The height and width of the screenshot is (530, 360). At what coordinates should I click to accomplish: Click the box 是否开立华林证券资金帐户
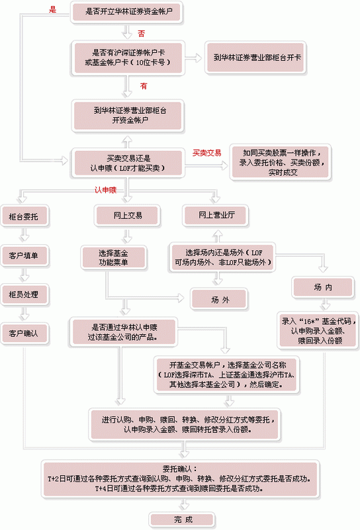127,12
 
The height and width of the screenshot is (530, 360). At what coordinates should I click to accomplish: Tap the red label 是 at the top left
52,9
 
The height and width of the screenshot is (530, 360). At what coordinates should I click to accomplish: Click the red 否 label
142,34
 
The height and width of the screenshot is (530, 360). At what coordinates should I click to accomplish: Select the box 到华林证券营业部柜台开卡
255,58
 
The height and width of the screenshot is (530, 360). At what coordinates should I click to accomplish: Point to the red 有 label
144,86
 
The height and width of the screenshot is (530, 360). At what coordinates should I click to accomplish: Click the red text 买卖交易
207,153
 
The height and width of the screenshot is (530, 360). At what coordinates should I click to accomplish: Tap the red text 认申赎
105,190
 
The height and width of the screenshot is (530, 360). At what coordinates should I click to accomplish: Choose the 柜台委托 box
24,216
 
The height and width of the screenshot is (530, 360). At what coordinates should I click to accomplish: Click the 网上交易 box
127,215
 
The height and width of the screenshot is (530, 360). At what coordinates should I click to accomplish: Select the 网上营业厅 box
216,215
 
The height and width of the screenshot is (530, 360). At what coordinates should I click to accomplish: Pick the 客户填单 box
24,255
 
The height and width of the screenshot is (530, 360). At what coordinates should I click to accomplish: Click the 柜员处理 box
24,294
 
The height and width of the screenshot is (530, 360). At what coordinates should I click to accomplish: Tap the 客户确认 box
24,333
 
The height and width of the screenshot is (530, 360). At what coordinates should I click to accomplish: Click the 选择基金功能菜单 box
114,257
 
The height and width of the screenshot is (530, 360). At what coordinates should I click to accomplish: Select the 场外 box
219,300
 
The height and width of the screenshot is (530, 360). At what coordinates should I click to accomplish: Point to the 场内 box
323,288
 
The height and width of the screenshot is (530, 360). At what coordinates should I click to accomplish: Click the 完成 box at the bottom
182,520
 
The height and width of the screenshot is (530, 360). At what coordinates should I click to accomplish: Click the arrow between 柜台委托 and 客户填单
24,235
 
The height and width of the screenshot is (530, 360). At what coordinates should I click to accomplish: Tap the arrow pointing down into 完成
184,505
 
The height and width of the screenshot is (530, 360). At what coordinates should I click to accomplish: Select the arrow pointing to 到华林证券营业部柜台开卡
193,58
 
